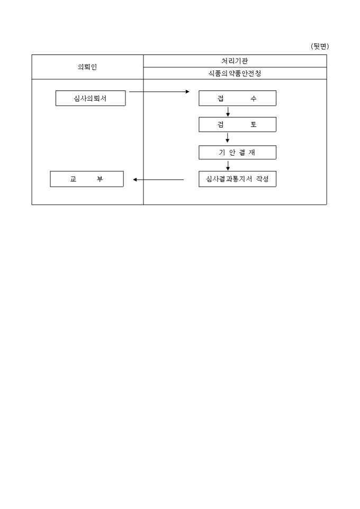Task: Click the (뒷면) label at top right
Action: (x=320, y=47)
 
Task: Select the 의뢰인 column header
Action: (x=87, y=67)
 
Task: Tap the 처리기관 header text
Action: (x=235, y=61)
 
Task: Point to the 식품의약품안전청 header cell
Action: (x=235, y=74)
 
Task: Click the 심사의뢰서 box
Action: (x=91, y=98)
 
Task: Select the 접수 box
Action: (x=238, y=98)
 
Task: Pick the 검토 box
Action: (x=238, y=125)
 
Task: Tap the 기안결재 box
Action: (x=238, y=152)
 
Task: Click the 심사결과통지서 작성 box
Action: (x=238, y=179)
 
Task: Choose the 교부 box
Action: (x=87, y=179)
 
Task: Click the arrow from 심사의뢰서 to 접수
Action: (x=159, y=92)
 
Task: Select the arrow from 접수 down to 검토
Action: (x=228, y=111)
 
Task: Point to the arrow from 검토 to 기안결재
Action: (x=228, y=138)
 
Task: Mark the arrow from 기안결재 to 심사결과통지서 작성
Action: (x=228, y=166)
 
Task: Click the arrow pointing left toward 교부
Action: (x=158, y=179)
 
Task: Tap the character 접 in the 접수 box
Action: (x=221, y=98)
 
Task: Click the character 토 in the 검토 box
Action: (x=254, y=125)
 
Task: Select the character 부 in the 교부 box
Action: (x=100, y=179)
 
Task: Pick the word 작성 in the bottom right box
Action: (x=263, y=179)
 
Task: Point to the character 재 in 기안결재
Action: (x=252, y=152)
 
